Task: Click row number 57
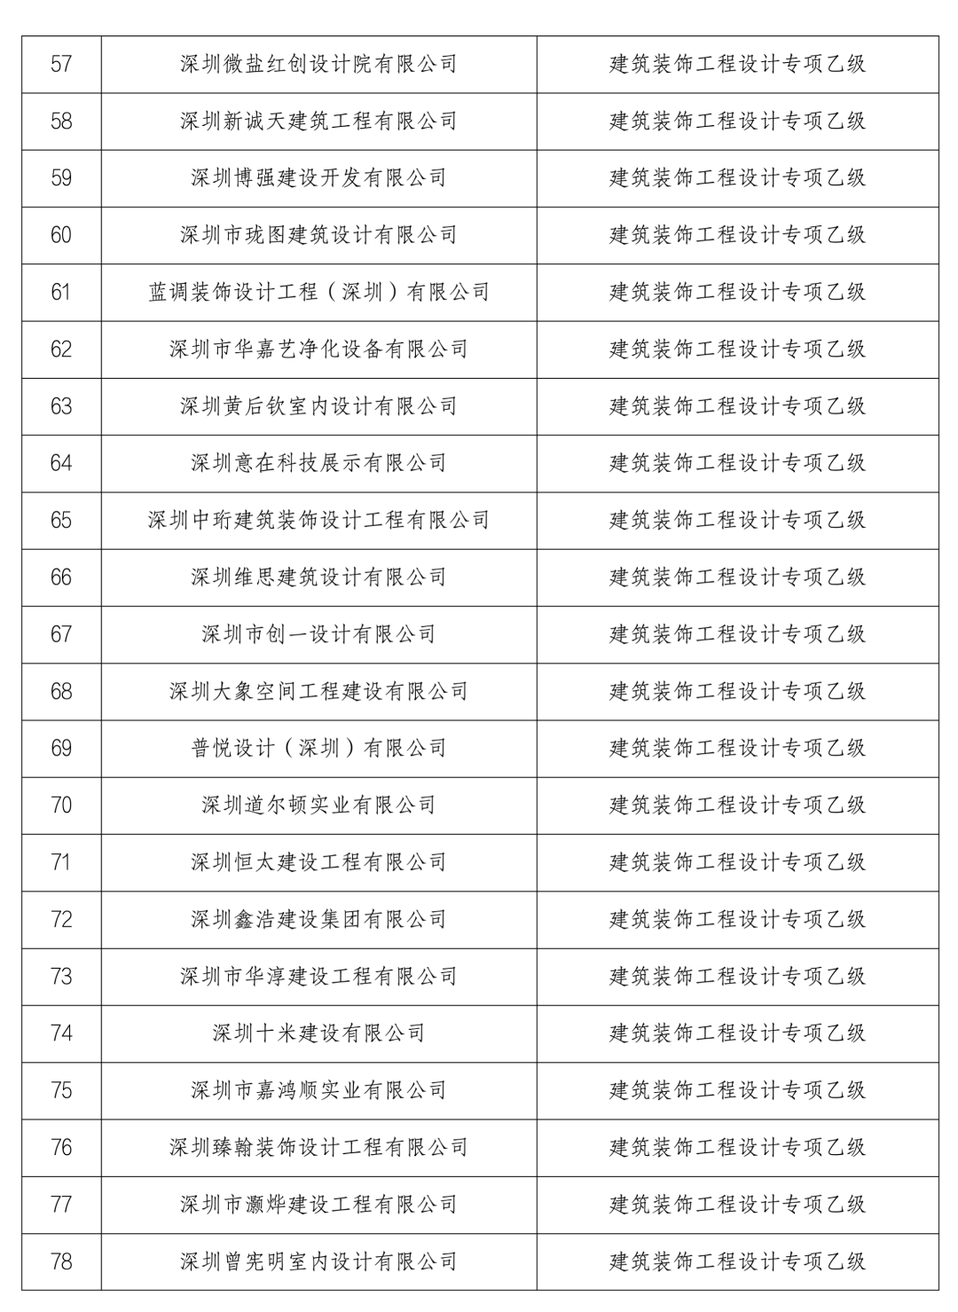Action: point(61,65)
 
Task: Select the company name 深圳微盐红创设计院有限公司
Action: point(318,65)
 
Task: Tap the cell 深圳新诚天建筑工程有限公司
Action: point(318,122)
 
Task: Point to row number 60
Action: point(61,235)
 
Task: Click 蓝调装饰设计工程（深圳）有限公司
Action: point(318,292)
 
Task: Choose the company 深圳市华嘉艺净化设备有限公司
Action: point(318,350)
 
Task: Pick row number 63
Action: point(61,406)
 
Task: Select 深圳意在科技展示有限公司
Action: point(318,463)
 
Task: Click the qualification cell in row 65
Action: point(737,520)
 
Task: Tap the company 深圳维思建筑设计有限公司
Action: point(318,577)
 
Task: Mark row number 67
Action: point(61,634)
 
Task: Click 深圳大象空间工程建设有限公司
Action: point(318,691)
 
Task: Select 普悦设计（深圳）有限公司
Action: point(318,749)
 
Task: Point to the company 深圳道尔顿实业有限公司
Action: point(318,805)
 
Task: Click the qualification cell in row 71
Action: point(737,862)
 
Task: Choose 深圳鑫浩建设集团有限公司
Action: point(318,920)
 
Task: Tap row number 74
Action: point(61,1033)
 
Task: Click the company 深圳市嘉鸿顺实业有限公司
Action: point(318,1090)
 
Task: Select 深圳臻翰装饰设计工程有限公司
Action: point(318,1148)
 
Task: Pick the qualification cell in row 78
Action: point(737,1261)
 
